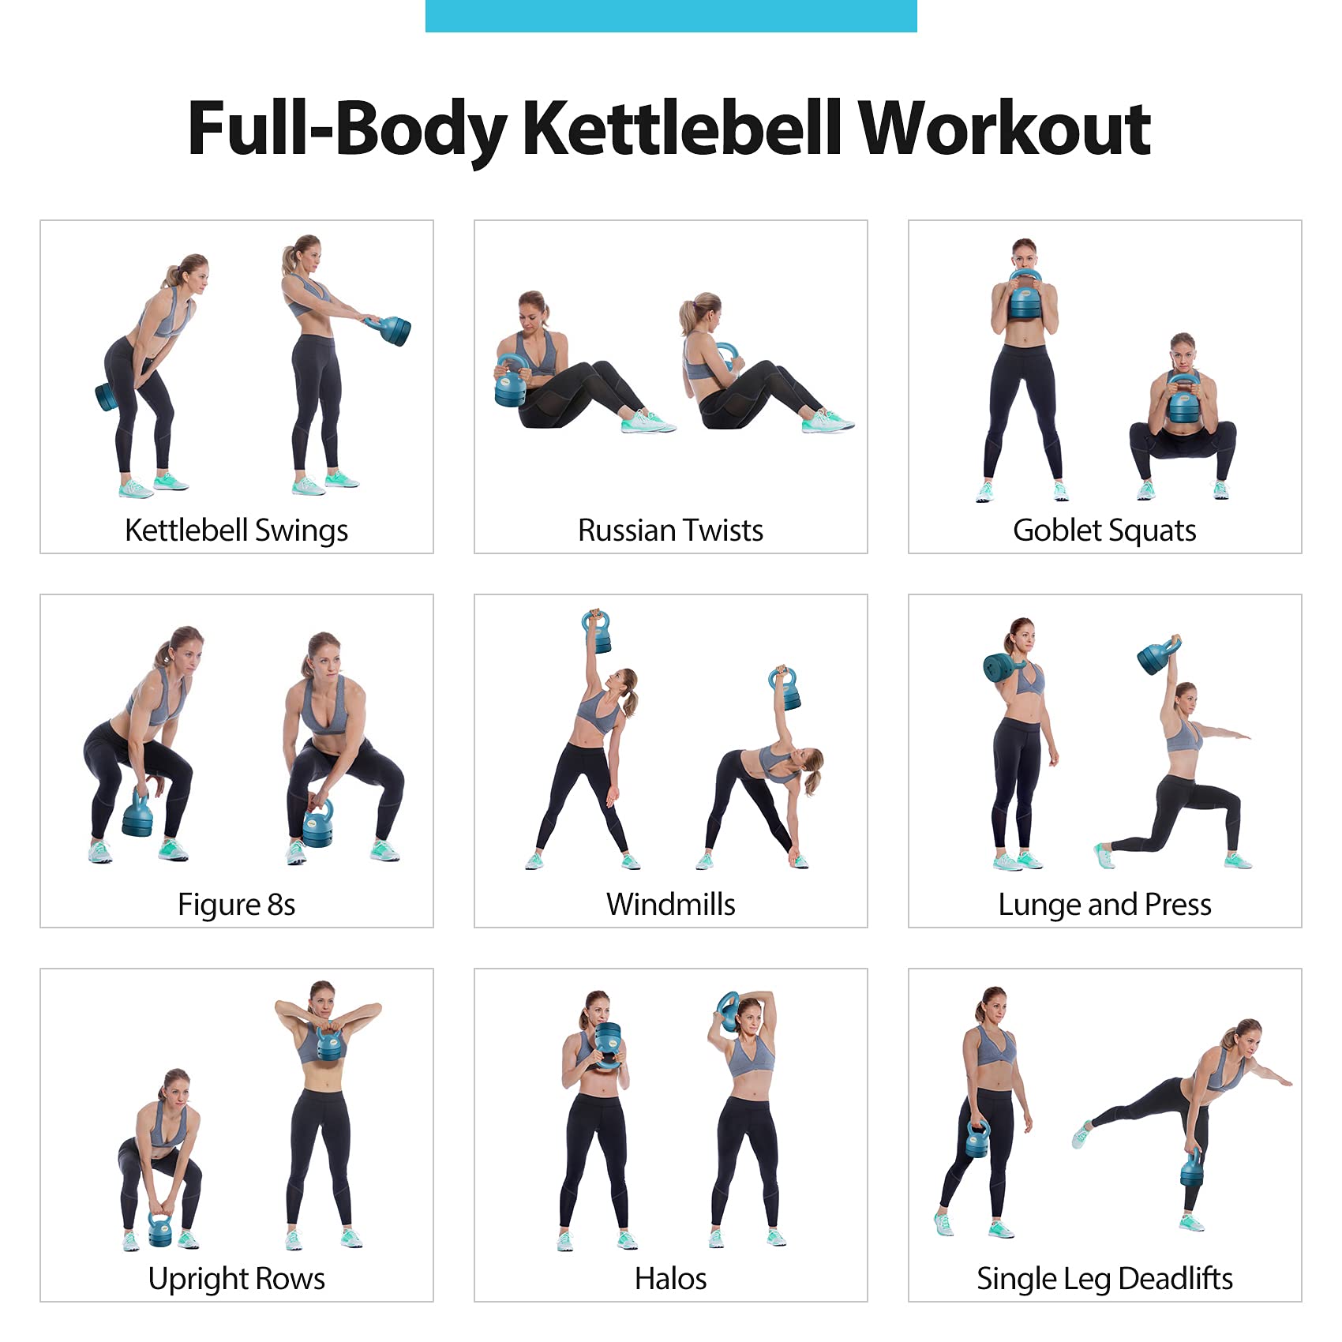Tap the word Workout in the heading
pos(1004,128)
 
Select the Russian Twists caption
pos(670,530)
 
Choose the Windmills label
pos(670,905)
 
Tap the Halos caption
pos(670,1279)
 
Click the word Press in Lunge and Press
pos(1178,905)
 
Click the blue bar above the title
pos(671,16)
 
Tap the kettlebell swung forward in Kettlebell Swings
pos(392,330)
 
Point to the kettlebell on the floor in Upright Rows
pos(160,1228)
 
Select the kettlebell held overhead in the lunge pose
pos(1158,655)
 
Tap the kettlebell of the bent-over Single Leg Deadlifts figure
pos(1192,1167)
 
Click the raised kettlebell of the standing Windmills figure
pos(598,632)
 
